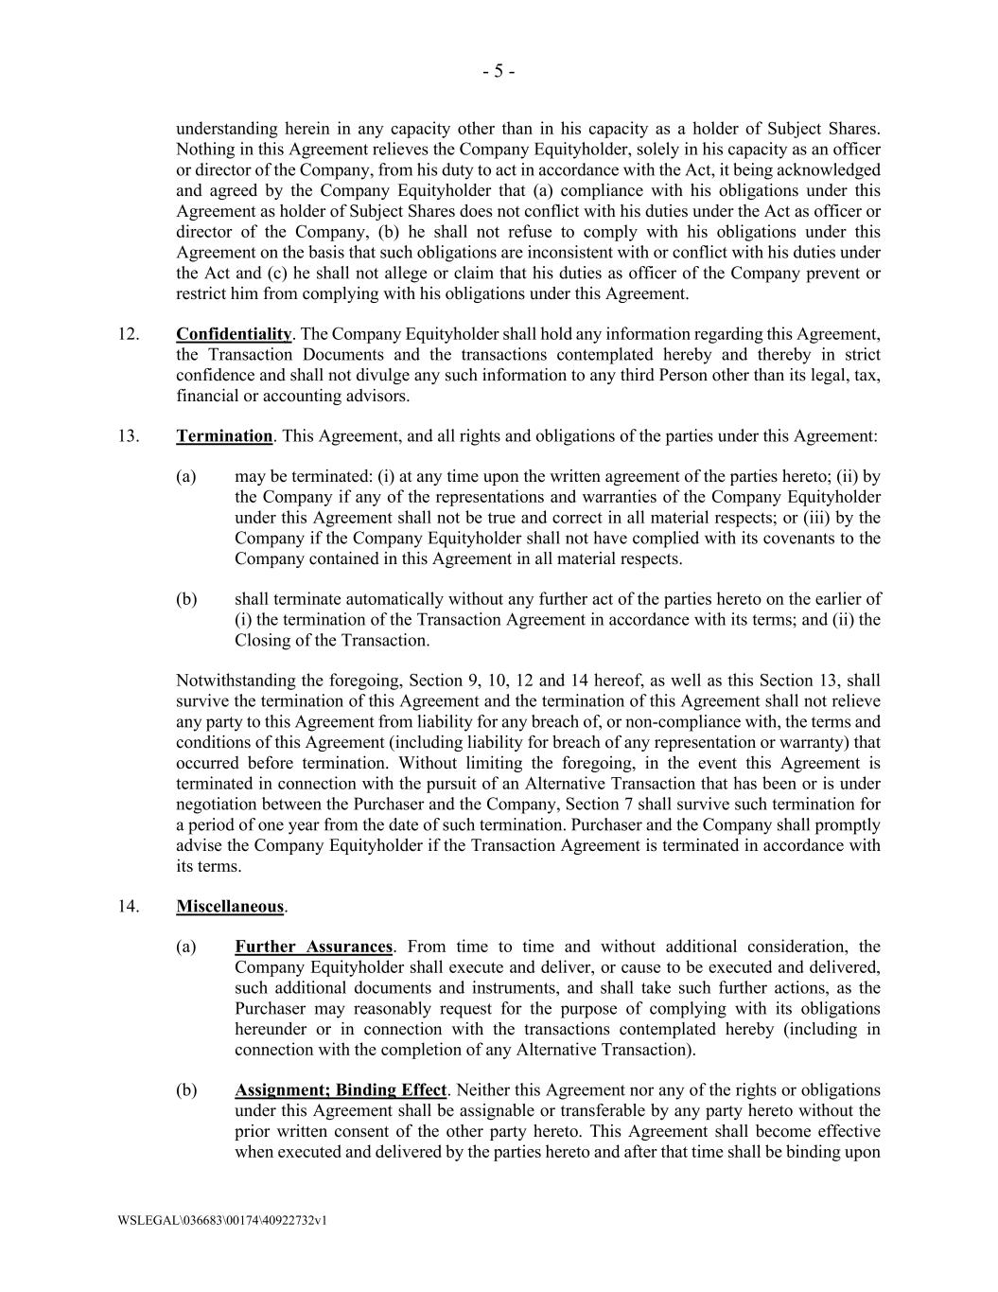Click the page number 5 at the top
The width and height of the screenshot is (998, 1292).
tap(499, 72)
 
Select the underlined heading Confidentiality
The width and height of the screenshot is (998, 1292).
tap(234, 334)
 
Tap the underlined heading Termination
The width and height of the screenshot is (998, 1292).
tap(224, 436)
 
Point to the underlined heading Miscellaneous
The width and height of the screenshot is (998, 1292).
tap(230, 907)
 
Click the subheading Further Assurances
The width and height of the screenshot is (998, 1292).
tap(313, 947)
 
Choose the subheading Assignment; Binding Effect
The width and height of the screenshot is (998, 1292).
tap(341, 1090)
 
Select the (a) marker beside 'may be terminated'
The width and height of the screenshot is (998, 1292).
tap(186, 477)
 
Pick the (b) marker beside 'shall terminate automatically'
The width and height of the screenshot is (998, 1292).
tap(186, 599)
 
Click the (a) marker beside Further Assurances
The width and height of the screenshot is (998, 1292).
tap(186, 947)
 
